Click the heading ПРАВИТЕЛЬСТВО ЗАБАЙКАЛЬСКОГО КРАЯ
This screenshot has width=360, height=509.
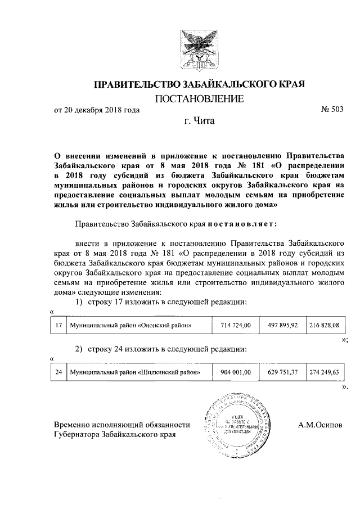click(x=199, y=85)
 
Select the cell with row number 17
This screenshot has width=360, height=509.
click(x=58, y=325)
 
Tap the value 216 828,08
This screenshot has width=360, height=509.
click(x=323, y=325)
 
